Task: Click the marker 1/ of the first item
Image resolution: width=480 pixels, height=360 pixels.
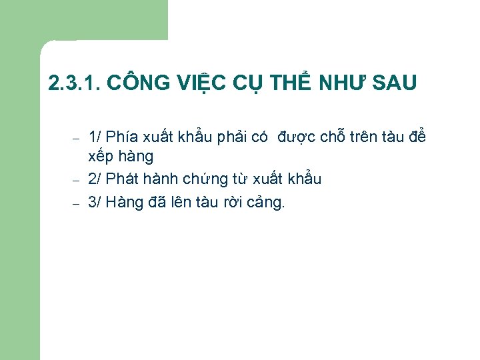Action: [x=95, y=137]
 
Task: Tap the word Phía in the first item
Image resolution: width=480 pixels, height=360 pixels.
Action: [x=121, y=137]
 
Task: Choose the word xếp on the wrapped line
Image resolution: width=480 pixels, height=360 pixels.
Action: [x=101, y=157]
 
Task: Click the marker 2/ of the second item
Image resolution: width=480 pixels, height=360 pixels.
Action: [x=95, y=179]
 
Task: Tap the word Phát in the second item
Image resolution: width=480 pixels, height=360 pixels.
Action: [x=121, y=179]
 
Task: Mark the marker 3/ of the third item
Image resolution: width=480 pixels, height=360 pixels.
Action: [x=95, y=202]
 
